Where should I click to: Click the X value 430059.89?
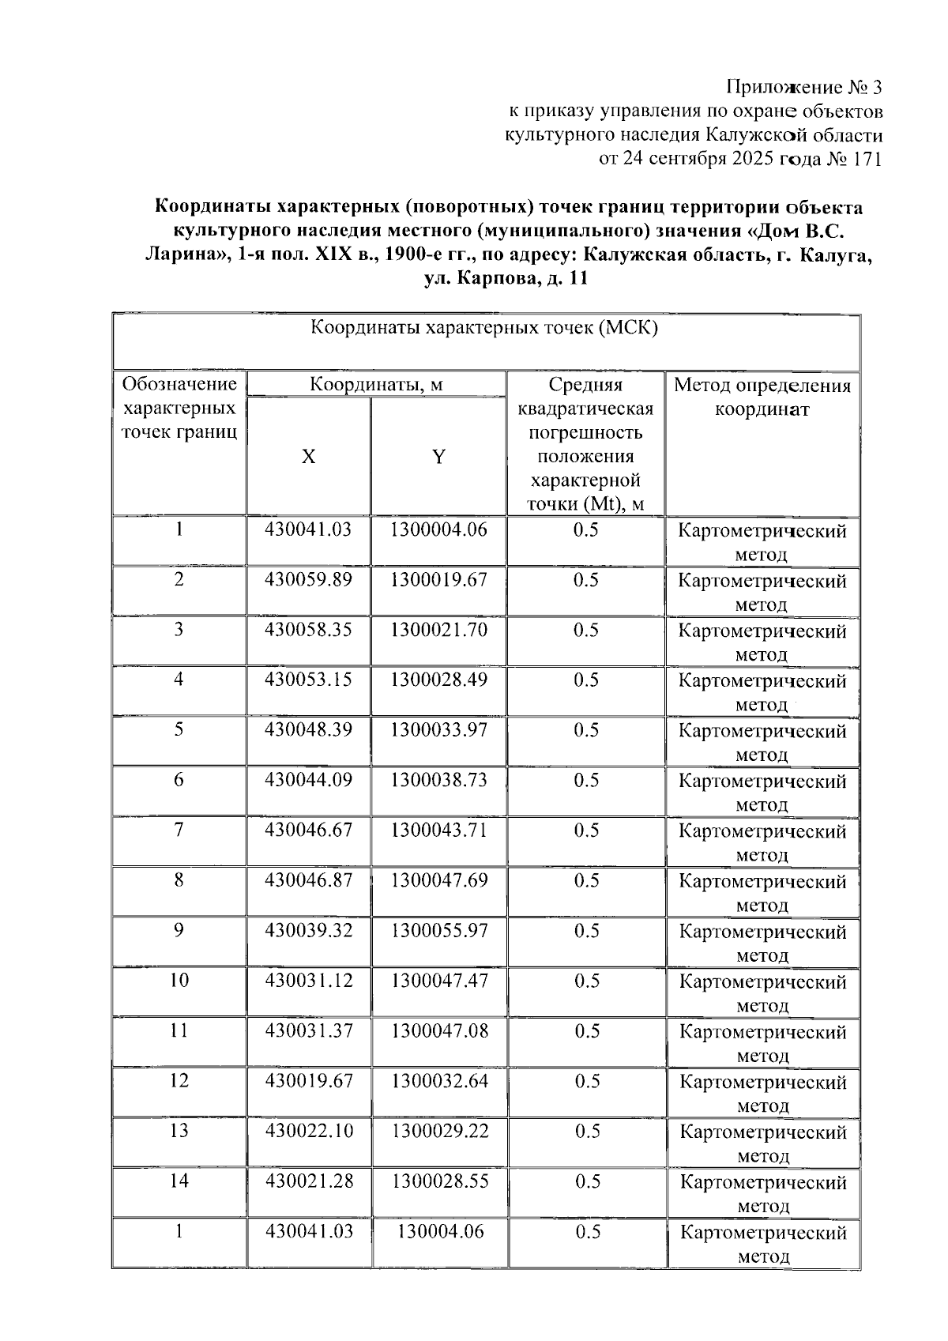pyautogui.click(x=308, y=579)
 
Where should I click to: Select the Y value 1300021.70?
pyautogui.click(x=438, y=630)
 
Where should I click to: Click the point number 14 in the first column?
pyautogui.click(x=179, y=1181)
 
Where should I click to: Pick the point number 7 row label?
pyautogui.click(x=179, y=830)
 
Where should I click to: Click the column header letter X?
pyautogui.click(x=308, y=457)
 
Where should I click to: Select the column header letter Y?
pyautogui.click(x=438, y=457)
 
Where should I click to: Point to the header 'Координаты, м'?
pyautogui.click(x=376, y=385)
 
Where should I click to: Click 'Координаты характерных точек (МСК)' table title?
pyautogui.click(x=484, y=328)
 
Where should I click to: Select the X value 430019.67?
pyautogui.click(x=309, y=1080)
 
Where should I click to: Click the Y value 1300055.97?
pyautogui.click(x=439, y=930)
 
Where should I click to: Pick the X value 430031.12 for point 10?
pyautogui.click(x=309, y=980)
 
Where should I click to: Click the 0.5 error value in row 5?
pyautogui.click(x=586, y=729)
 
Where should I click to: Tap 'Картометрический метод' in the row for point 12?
pyautogui.click(x=762, y=1093)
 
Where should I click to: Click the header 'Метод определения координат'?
pyautogui.click(x=762, y=397)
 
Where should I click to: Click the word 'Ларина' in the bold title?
pyautogui.click(x=186, y=256)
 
